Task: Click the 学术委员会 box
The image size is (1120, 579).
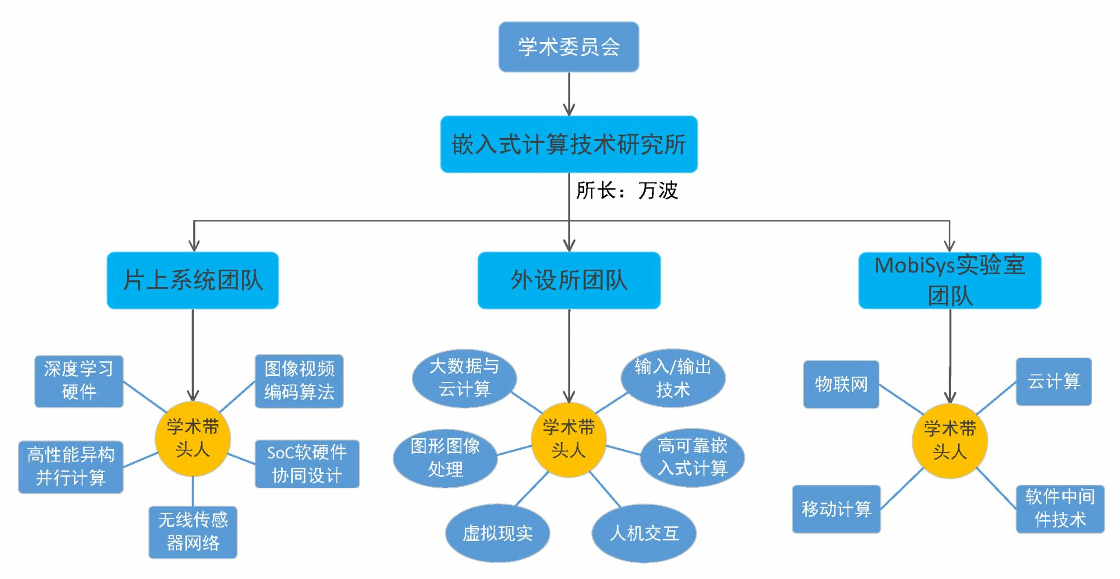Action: click(568, 47)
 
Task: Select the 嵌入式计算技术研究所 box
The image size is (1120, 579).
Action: click(568, 144)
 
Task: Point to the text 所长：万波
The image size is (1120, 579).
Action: click(627, 191)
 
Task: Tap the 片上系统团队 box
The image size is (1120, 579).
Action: click(193, 280)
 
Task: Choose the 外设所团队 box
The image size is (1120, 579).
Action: click(568, 280)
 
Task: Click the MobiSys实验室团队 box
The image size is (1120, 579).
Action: click(949, 280)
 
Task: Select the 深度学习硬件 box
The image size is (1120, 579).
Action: click(78, 381)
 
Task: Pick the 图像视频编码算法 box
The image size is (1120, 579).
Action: click(299, 381)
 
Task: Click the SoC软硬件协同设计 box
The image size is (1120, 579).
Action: click(307, 464)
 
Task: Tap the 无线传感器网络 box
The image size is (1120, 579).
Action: click(193, 532)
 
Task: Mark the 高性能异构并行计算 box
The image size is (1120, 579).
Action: click(71, 467)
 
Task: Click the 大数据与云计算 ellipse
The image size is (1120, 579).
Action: click(464, 378)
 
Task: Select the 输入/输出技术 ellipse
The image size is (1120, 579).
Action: click(673, 379)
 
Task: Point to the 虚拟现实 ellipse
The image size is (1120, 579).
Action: click(497, 534)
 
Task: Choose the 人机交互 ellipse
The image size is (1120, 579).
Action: click(644, 534)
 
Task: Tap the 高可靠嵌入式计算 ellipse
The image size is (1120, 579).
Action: click(692, 458)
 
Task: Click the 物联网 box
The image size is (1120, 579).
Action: click(841, 384)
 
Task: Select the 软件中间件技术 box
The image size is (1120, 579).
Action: click(1060, 509)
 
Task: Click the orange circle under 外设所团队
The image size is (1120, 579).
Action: click(568, 440)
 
